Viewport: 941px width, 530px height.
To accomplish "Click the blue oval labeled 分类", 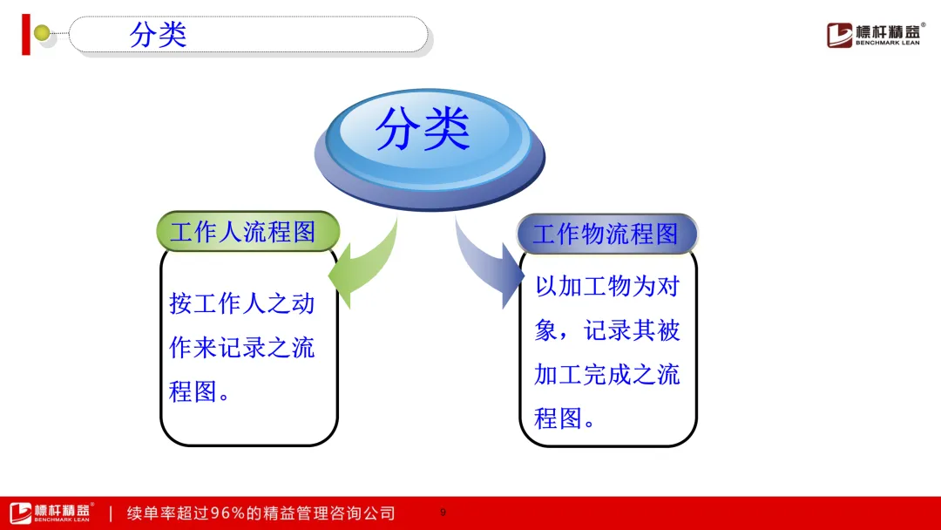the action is [x=430, y=149].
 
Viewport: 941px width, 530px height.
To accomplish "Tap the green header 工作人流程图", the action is [x=247, y=231].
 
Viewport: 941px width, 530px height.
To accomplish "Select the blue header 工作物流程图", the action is [x=607, y=234].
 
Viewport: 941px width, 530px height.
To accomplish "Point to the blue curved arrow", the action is [x=487, y=265].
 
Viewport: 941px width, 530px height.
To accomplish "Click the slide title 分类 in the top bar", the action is [x=158, y=34].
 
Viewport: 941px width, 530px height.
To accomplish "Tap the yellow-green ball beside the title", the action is [x=42, y=32].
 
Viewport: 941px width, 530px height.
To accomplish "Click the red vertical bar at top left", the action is [x=26, y=35].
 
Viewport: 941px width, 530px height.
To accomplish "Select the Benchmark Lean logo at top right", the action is [x=875, y=35].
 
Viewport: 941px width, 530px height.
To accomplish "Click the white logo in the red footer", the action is [x=51, y=513].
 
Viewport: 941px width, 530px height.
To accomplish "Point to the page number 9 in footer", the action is [x=443, y=512].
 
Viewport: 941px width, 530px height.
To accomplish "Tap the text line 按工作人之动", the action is [x=242, y=303].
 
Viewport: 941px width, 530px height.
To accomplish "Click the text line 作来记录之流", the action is [x=242, y=348].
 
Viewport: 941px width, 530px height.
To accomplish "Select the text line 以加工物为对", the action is [x=607, y=286].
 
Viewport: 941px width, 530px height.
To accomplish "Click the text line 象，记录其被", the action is [x=607, y=330].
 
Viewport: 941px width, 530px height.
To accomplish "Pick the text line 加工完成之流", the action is [x=607, y=375].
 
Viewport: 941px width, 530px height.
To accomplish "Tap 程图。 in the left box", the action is [x=200, y=392].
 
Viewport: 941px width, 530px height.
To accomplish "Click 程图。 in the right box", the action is [x=565, y=418].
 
